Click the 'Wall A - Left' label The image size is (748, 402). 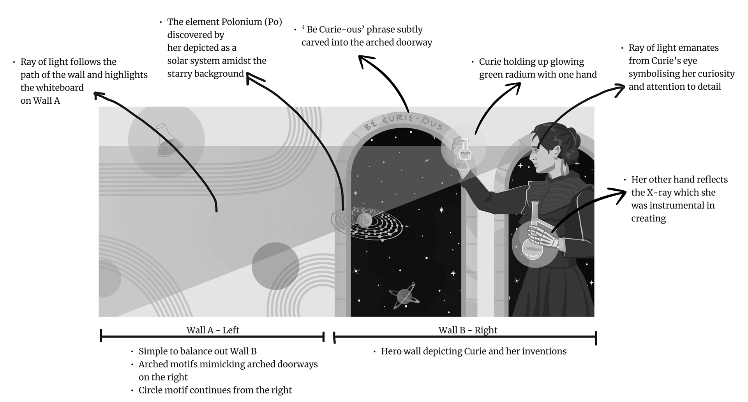pyautogui.click(x=213, y=330)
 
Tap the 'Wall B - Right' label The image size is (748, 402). pyautogui.click(x=467, y=330)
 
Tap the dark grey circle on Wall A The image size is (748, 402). pyautogui.click(x=275, y=266)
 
